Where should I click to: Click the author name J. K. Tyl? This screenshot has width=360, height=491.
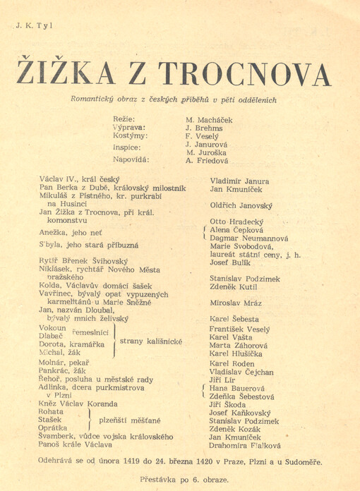(x=34, y=26)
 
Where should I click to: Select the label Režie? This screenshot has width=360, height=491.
(x=124, y=120)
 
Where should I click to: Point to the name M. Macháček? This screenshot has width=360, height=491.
(x=209, y=121)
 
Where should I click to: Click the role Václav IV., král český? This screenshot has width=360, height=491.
(x=80, y=180)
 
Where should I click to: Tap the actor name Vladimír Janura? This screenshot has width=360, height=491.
(x=239, y=181)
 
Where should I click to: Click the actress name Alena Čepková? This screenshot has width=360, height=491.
(x=236, y=230)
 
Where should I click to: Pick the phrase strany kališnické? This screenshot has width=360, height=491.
(x=150, y=341)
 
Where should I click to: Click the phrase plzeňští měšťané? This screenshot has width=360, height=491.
(x=134, y=419)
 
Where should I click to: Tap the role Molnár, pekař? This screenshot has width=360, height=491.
(x=64, y=360)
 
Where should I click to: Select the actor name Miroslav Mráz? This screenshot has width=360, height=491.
(x=236, y=303)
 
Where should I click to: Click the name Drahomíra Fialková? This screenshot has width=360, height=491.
(x=245, y=446)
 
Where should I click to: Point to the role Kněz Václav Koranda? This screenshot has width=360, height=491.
(x=78, y=403)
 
